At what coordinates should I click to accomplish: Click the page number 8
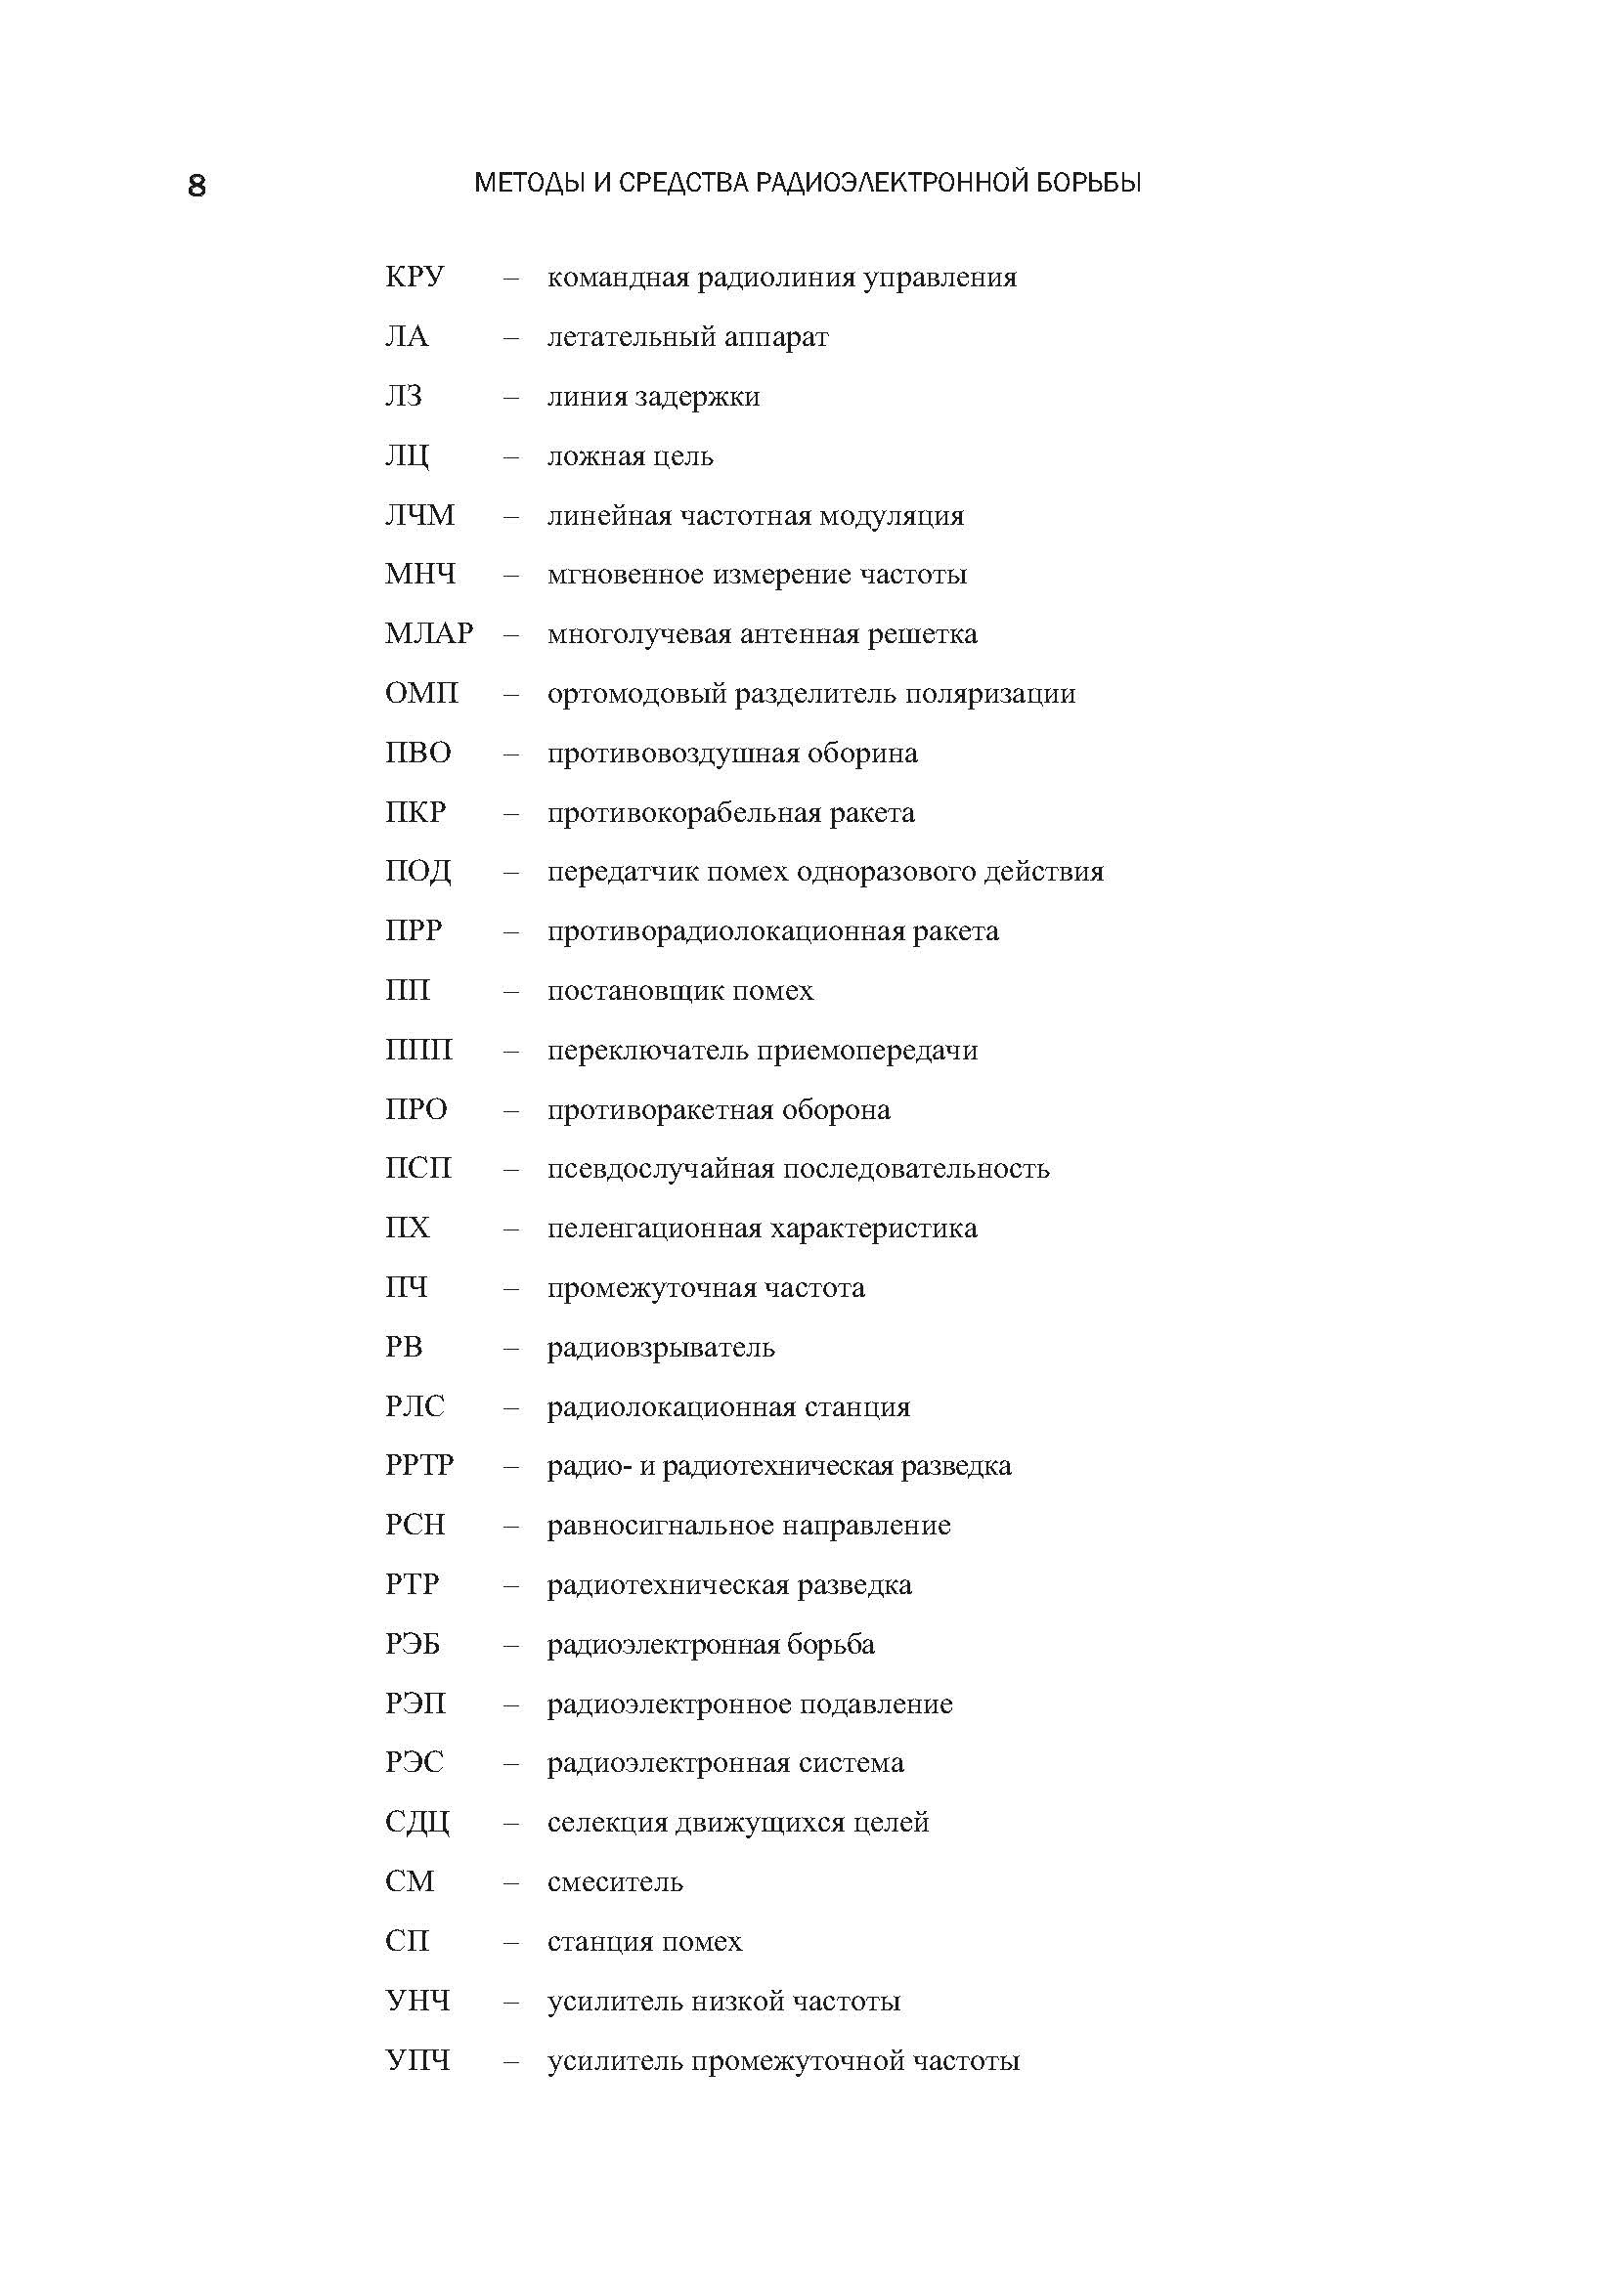tap(197, 187)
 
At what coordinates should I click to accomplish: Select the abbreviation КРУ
tap(415, 278)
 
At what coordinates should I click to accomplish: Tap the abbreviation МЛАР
tap(429, 634)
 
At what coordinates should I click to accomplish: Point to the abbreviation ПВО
tap(418, 753)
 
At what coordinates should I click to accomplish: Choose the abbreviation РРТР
tap(419, 1466)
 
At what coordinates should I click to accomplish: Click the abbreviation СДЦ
tap(417, 1823)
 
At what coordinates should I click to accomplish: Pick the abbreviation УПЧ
tap(417, 2060)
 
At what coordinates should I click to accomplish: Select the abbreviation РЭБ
tap(413, 1644)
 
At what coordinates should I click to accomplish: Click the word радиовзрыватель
tap(661, 1348)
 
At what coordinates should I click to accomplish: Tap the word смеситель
tap(615, 1881)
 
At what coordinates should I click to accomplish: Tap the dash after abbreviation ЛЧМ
tap(510, 516)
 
